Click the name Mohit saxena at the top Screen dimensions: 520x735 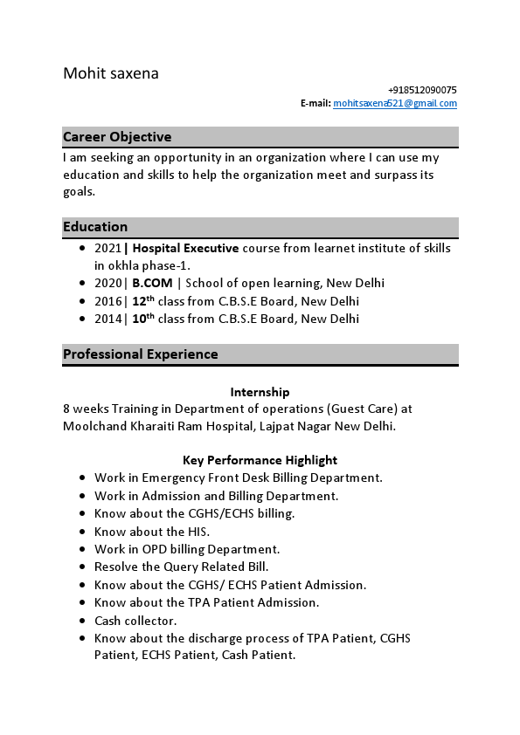111,73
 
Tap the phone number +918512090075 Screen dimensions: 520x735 422,90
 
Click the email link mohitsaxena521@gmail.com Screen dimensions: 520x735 395,103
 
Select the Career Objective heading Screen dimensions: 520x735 117,137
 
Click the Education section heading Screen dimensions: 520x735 95,227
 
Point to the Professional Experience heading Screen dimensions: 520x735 141,354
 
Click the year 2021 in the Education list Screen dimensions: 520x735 107,248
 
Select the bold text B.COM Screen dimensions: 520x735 152,283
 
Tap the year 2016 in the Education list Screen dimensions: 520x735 107,301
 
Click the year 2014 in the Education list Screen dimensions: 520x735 107,319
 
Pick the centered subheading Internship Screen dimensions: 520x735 260,392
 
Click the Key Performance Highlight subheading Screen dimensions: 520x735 260,460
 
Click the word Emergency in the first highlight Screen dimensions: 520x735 172,477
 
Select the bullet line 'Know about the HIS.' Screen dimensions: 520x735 152,532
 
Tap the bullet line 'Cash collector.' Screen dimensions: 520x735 135,621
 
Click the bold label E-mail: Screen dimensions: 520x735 315,103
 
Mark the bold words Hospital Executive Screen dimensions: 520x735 185,248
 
